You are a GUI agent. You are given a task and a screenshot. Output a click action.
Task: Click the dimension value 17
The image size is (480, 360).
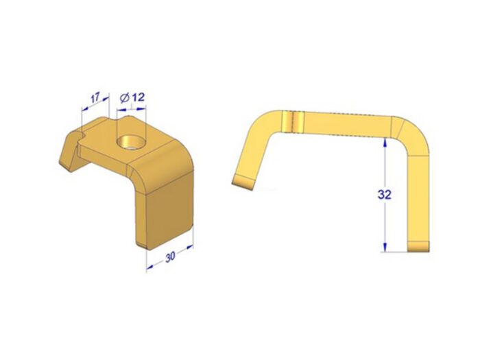coord(95,98)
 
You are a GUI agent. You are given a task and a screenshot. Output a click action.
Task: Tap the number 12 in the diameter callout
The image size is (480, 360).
coord(138,97)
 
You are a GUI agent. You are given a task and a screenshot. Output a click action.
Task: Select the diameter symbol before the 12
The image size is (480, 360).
coord(124,98)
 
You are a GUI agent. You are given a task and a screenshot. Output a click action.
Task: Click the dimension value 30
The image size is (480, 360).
coord(170,256)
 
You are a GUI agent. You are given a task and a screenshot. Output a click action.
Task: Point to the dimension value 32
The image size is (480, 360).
coord(385,194)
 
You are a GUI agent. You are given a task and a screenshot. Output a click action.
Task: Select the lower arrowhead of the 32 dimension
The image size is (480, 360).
coord(385,248)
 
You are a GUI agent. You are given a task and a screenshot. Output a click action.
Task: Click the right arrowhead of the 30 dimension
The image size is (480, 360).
coord(189,247)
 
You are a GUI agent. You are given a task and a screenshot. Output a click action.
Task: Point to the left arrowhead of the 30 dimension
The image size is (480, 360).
coord(149,268)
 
